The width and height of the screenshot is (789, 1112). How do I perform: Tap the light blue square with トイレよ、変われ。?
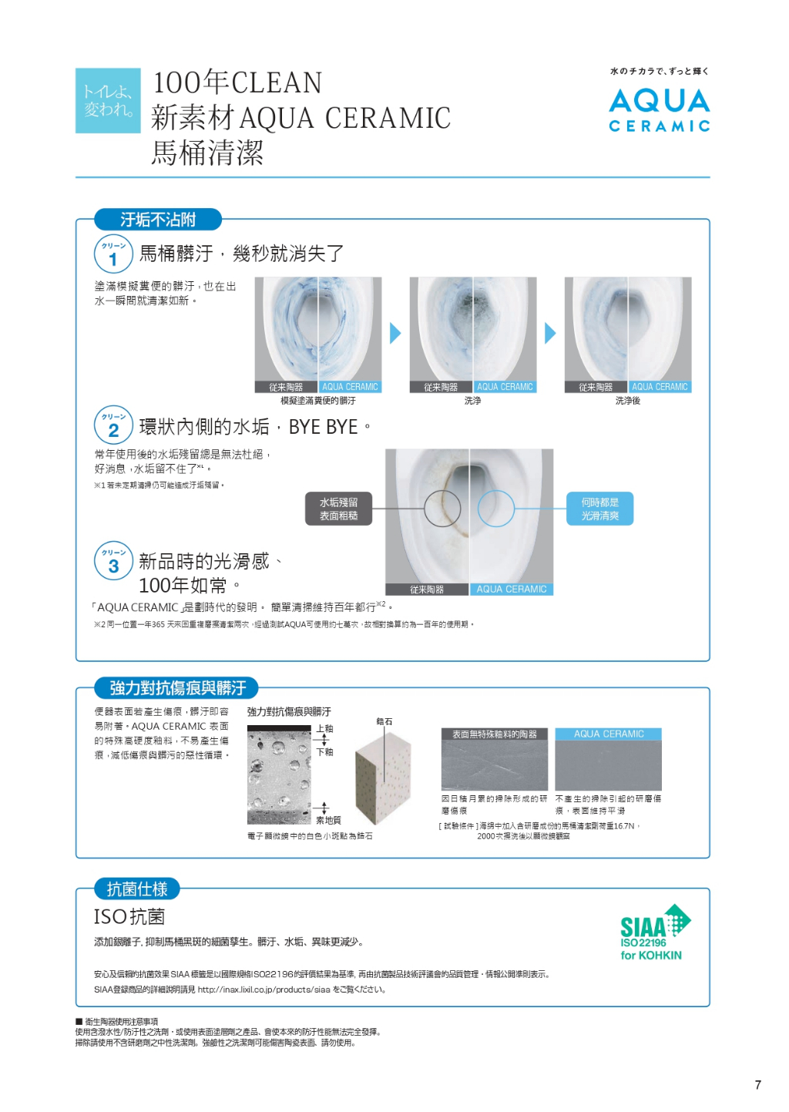(108, 100)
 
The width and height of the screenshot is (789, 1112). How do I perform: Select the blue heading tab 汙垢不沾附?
(158, 219)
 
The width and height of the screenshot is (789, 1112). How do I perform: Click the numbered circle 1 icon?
(113, 254)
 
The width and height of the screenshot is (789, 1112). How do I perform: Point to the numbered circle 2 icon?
(113, 425)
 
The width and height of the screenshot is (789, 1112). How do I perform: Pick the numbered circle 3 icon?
(113, 560)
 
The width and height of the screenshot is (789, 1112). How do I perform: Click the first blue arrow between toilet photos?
(395, 333)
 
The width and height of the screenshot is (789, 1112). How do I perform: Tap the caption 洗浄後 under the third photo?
(628, 401)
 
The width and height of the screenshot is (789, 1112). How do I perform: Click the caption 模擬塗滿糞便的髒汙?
(318, 401)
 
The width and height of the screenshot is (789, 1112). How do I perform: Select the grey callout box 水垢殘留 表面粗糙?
(338, 509)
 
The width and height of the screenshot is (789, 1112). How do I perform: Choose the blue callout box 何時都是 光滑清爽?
(600, 509)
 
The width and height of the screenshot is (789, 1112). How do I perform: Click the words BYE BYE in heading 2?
(323, 427)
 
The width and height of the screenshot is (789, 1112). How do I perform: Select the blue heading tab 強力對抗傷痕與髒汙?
(176, 687)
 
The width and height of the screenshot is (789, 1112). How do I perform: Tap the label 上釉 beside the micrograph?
(325, 729)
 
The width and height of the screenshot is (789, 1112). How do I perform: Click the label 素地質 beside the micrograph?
(328, 820)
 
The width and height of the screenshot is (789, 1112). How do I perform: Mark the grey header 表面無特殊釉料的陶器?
(495, 734)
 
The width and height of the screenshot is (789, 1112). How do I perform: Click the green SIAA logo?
(655, 932)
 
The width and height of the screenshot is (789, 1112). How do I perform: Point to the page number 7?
(757, 1085)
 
